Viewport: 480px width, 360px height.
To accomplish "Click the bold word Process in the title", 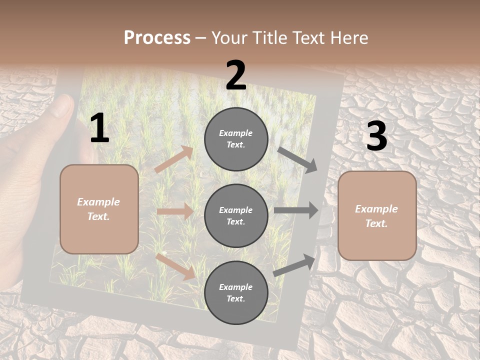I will (157, 37).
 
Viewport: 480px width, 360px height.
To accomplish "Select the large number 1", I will (99, 128).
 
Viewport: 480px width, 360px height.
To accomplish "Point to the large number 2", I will (236, 75).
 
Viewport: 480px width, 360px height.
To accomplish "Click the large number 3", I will (376, 136).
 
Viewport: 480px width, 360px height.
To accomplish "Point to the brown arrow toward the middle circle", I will (175, 211).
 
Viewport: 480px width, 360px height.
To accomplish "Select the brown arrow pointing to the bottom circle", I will (175, 266).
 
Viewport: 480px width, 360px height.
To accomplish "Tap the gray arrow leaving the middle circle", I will (296, 210).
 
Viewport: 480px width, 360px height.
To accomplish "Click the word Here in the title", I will (349, 37).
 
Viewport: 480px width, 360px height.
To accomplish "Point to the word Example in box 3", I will (376, 209).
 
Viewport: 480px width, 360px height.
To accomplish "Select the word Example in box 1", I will (98, 202).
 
